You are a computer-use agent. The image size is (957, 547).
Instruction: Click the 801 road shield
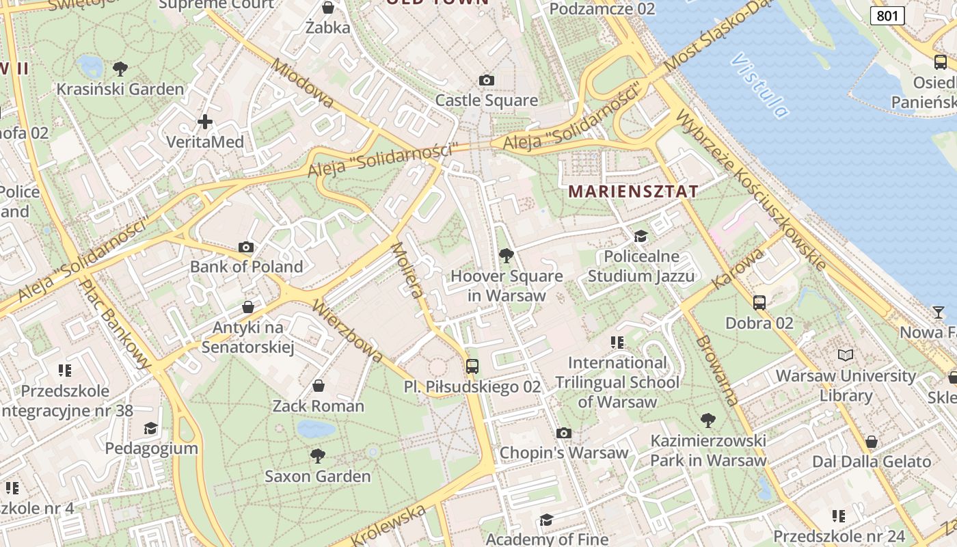coord(887,16)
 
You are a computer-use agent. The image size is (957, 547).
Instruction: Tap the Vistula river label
coord(759,85)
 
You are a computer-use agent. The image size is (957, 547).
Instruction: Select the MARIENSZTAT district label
coord(633,191)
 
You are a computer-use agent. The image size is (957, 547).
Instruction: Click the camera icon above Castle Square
coord(487,80)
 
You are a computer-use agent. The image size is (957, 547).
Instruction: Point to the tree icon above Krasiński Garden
coord(120,68)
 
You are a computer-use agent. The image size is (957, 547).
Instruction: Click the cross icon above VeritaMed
coord(204,122)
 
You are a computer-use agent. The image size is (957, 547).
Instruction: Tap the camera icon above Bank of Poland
coord(246,247)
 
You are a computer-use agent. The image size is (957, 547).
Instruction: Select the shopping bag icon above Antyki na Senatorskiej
coord(248,308)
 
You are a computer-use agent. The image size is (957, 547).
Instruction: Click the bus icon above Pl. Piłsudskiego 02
coord(472,366)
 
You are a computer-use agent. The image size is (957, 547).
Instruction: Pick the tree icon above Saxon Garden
coord(317,455)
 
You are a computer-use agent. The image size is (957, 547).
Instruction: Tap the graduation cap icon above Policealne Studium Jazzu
coord(641,236)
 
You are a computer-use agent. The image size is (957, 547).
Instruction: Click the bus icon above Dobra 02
coord(759,302)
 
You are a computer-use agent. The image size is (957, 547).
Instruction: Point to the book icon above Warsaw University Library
coord(846,355)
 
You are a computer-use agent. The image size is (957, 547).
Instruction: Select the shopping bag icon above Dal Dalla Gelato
coord(871,442)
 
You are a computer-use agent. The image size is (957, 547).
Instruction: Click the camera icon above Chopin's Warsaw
coord(563,433)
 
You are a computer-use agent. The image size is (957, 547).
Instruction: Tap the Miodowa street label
coord(303,83)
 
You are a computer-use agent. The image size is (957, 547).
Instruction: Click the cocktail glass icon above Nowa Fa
coord(939,312)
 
